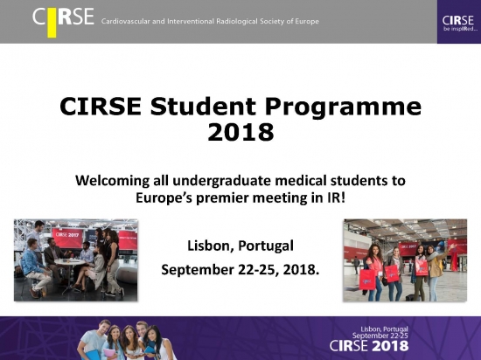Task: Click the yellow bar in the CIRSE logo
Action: pyautogui.click(x=52, y=23)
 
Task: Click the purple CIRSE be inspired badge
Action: pyautogui.click(x=459, y=22)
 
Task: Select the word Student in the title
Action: pyautogui.click(x=203, y=107)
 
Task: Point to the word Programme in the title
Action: pyautogui.click(x=344, y=107)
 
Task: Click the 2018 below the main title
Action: pyautogui.click(x=240, y=132)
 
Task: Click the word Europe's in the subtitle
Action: pyautogui.click(x=164, y=198)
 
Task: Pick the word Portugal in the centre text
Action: pyautogui.click(x=266, y=246)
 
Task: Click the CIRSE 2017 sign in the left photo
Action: pyautogui.click(x=67, y=235)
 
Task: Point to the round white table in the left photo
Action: pyautogui.click(x=70, y=262)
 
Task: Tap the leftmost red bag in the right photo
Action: pyautogui.click(x=368, y=279)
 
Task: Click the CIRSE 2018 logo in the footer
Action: pyautogui.click(x=369, y=346)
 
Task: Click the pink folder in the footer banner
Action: pyautogui.click(x=108, y=353)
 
